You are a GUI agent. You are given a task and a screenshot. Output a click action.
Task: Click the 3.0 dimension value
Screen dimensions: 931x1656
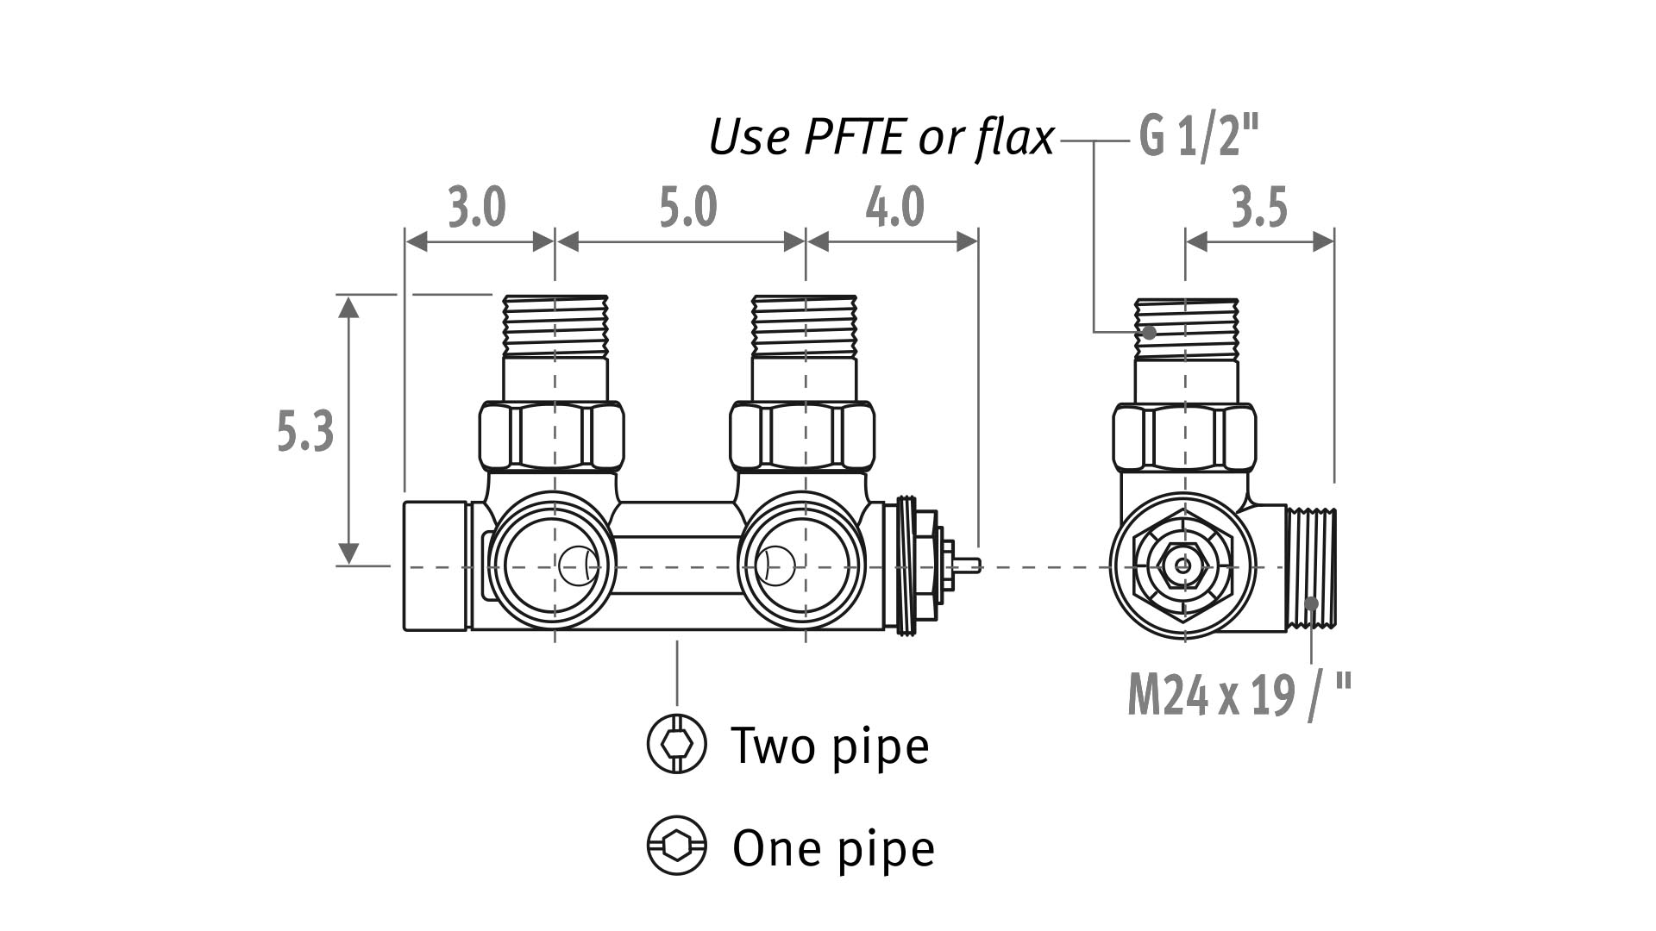click(477, 208)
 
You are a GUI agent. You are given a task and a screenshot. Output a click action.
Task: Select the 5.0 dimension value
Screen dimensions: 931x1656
click(687, 208)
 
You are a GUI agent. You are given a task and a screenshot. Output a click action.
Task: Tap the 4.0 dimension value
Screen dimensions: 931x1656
click(894, 208)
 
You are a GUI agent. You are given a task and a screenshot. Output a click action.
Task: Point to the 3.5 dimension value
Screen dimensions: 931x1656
click(1259, 208)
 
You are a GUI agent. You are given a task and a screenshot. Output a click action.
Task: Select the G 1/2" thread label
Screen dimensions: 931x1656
click(1199, 137)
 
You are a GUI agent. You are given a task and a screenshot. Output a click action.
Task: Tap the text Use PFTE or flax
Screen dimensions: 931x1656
click(881, 137)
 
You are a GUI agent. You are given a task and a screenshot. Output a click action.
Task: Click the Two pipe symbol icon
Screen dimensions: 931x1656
click(676, 743)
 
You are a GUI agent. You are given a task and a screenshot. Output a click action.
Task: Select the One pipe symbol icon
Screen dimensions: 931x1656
click(676, 847)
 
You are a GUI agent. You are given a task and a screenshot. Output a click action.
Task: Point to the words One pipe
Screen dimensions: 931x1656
click(833, 848)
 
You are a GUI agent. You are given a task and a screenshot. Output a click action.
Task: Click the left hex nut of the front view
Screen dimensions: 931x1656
click(551, 436)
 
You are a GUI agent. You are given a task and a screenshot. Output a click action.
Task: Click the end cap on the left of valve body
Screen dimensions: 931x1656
click(436, 565)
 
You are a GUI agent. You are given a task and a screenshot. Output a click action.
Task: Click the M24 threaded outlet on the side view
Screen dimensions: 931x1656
click(1311, 566)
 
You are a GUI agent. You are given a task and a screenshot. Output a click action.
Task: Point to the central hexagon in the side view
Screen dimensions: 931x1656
click(1182, 565)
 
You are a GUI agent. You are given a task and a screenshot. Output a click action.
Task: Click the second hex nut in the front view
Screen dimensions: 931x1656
click(802, 436)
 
